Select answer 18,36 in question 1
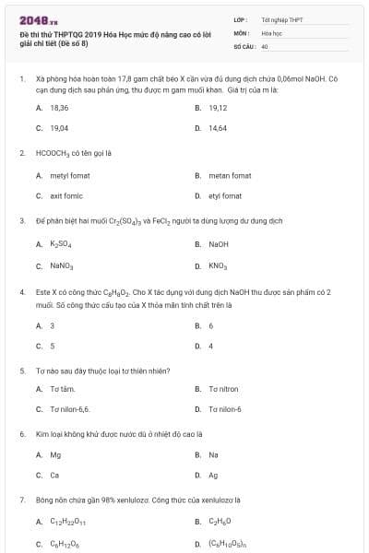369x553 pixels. pyautogui.click(x=59, y=108)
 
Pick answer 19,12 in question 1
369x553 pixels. pyautogui.click(x=218, y=108)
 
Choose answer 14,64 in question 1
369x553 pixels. pyautogui.click(x=218, y=128)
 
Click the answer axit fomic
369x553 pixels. pyautogui.click(x=66, y=195)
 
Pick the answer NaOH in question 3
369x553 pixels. pyautogui.click(x=219, y=244)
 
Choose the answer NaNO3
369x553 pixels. pyautogui.click(x=61, y=265)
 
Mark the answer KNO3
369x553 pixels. pyautogui.click(x=218, y=265)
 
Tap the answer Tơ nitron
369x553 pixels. pyautogui.click(x=223, y=388)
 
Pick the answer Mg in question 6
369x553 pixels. pyautogui.click(x=55, y=454)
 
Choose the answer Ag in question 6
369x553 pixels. pyautogui.click(x=213, y=475)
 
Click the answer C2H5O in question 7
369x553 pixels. pyautogui.click(x=220, y=522)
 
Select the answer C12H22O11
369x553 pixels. pyautogui.click(x=67, y=522)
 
